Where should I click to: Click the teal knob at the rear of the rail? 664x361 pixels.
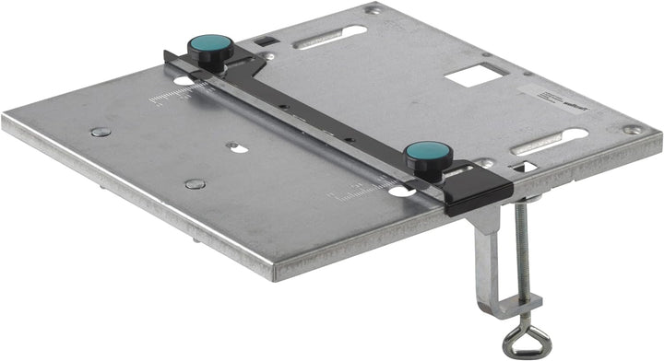coord(210,46)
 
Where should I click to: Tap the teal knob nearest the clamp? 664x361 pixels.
coord(427,153)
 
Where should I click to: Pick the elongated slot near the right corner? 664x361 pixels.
coord(550,141)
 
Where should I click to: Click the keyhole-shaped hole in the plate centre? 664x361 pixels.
coord(237,147)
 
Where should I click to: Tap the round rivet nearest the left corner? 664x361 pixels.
coord(101,132)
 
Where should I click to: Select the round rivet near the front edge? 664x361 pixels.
coord(195,184)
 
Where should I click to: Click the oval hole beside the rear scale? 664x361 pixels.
coord(184,82)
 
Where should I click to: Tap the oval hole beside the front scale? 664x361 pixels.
coord(400,191)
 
